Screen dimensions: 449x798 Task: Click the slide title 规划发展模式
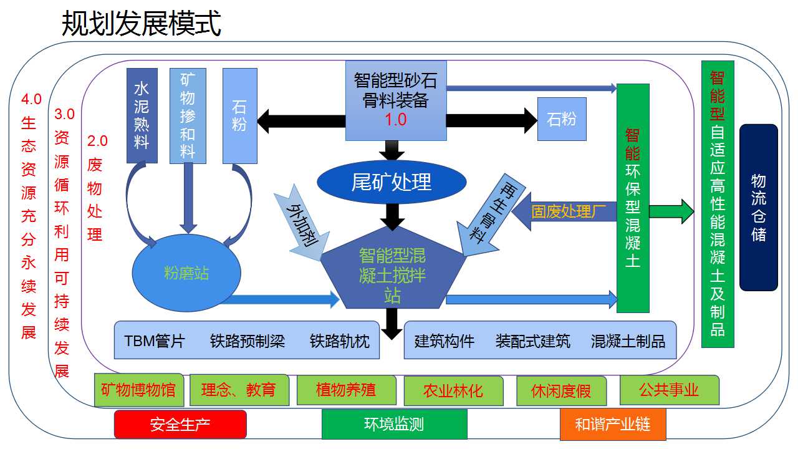[x=142, y=24]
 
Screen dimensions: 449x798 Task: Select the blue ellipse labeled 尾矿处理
[x=392, y=181]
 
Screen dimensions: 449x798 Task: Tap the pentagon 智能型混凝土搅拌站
[x=392, y=274]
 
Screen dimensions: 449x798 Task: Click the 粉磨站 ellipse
[x=186, y=273]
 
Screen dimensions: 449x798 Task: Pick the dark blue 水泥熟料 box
[x=142, y=115]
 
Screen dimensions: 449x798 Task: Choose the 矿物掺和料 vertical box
[x=188, y=115]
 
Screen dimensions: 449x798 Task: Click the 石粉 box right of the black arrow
[x=562, y=118]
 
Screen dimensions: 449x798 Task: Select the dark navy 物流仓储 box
[x=759, y=207]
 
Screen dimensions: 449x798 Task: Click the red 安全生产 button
[x=180, y=425]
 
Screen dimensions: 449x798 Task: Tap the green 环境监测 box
[x=394, y=425]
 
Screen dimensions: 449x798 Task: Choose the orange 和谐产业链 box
[x=612, y=425]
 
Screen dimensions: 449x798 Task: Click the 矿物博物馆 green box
[x=138, y=391]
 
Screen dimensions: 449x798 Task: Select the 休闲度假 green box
[x=561, y=391]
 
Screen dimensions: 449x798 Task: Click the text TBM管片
[x=155, y=341]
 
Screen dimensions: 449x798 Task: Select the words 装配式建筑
[x=532, y=341]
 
